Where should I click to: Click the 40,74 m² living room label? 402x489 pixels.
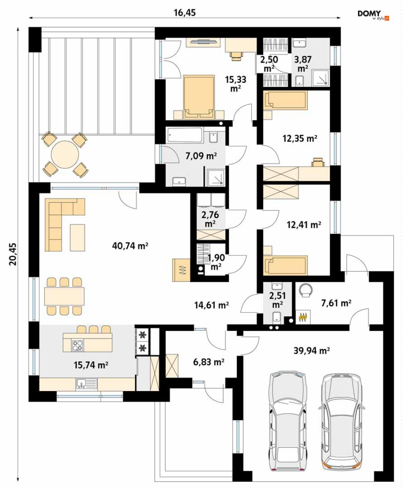(x=130, y=246)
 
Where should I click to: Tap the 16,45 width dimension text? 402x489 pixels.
(x=185, y=13)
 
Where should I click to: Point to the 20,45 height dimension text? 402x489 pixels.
(x=13, y=254)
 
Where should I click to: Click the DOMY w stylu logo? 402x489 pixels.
(x=373, y=15)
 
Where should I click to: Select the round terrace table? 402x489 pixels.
(x=65, y=155)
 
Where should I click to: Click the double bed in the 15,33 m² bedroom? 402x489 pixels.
(x=199, y=97)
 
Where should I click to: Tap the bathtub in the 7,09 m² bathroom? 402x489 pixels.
(x=185, y=135)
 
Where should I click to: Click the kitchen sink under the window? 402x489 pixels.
(x=86, y=384)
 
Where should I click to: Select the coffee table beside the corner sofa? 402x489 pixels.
(x=78, y=237)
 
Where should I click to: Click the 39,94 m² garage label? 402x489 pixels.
(x=311, y=351)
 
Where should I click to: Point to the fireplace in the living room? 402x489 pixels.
(x=181, y=270)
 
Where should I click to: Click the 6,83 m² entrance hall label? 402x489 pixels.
(x=208, y=362)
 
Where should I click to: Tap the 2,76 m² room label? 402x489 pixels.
(x=210, y=219)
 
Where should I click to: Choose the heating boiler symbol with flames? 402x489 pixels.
(x=303, y=317)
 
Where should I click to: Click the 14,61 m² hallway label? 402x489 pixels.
(x=211, y=305)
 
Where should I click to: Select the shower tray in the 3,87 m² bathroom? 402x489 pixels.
(x=321, y=78)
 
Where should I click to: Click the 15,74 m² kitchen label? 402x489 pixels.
(x=91, y=365)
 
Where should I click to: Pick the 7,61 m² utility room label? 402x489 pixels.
(x=336, y=303)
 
